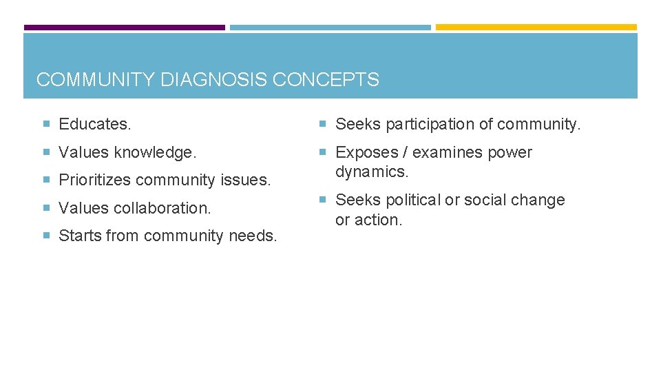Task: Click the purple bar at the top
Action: click(x=125, y=28)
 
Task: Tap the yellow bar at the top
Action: click(x=536, y=28)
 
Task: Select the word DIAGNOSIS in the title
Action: click(x=214, y=80)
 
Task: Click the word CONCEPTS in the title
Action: click(x=326, y=80)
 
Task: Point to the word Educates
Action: click(x=95, y=125)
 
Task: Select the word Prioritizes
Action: click(x=96, y=180)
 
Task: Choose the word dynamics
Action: click(x=372, y=172)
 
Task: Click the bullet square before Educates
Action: click(x=46, y=125)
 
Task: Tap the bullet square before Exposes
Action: click(x=322, y=152)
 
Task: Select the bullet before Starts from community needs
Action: click(x=46, y=236)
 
